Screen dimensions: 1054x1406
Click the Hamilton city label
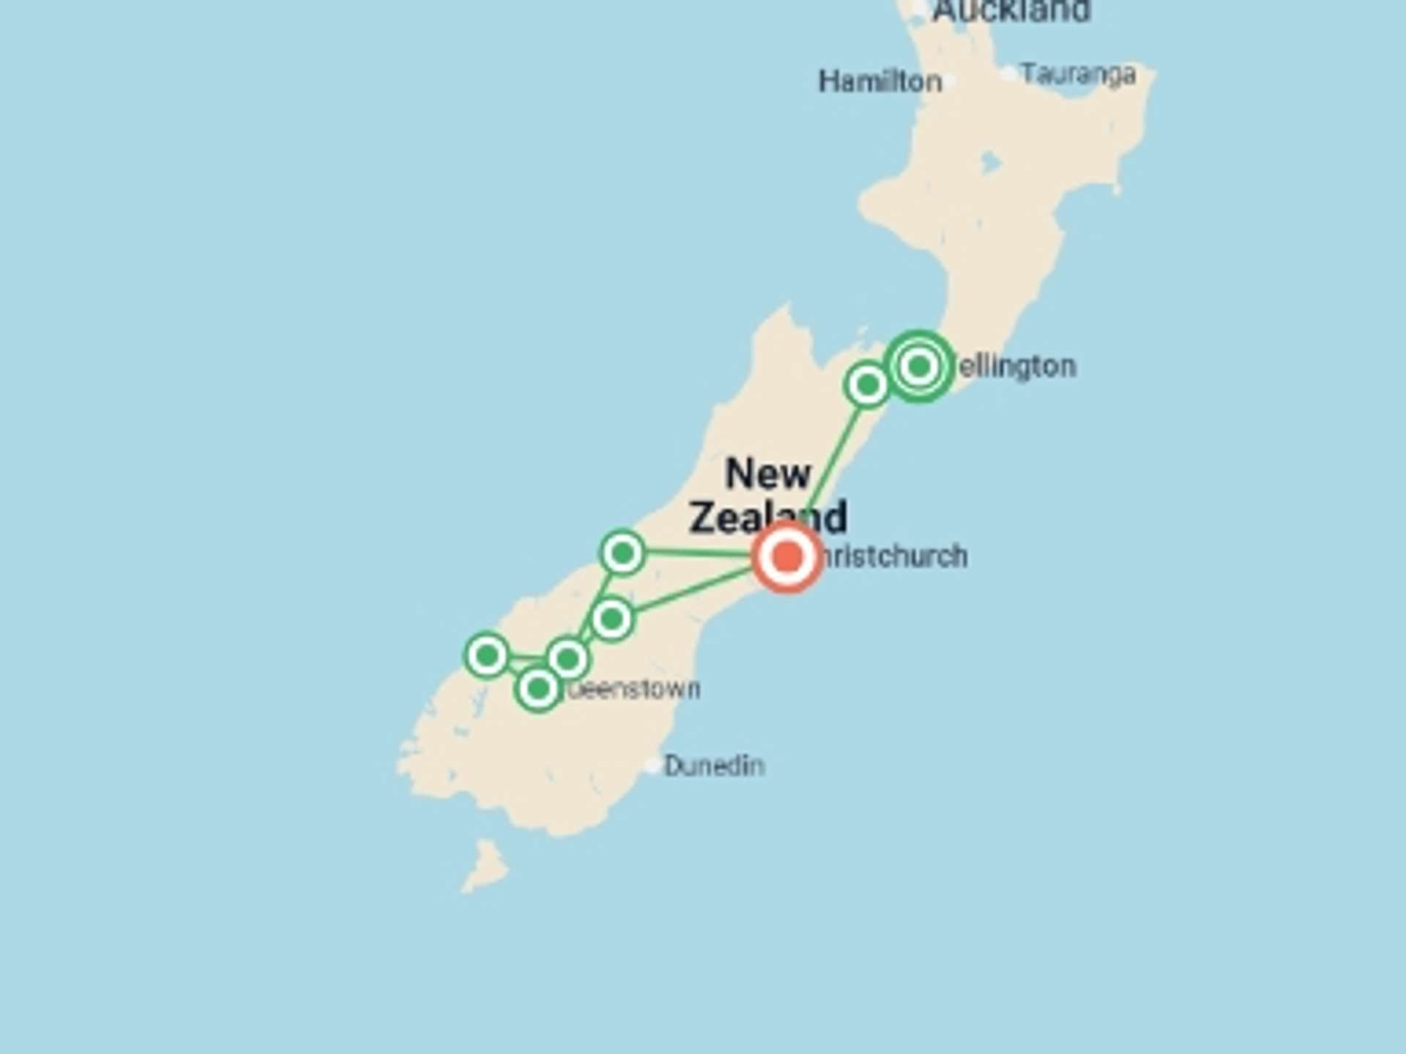click(879, 81)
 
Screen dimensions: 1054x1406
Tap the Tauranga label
click(1078, 75)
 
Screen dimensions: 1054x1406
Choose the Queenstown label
click(634, 689)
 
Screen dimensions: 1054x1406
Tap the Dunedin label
click(714, 766)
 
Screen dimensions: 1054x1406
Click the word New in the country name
click(767, 474)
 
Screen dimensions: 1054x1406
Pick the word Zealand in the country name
click(767, 517)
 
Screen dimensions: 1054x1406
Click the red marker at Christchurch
click(787, 556)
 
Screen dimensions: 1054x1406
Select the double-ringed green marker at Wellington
click(919, 366)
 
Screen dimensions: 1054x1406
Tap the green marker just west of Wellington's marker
click(867, 384)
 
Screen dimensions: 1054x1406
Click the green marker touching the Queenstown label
click(538, 688)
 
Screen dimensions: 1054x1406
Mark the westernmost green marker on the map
click(487, 654)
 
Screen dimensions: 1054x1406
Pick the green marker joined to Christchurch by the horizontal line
click(622, 553)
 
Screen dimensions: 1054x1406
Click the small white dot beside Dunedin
click(652, 766)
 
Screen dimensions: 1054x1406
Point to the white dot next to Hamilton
click(950, 81)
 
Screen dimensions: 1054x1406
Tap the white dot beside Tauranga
click(1008, 73)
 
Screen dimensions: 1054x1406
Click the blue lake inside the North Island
click(990, 162)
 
